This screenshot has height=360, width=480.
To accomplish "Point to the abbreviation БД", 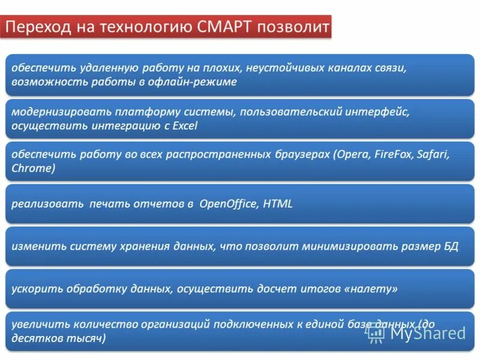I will click(451, 246).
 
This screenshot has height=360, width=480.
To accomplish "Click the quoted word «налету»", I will click(371, 289).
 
